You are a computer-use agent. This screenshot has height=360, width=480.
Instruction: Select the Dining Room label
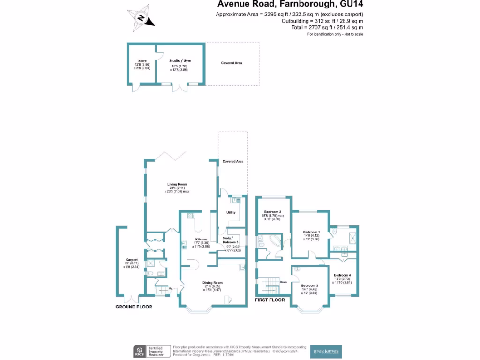point(212,283)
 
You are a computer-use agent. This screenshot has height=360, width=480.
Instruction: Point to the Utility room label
point(231,213)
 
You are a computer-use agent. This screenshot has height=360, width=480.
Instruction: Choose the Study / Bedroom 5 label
point(230,240)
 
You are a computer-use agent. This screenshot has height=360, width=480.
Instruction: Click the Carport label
point(131,260)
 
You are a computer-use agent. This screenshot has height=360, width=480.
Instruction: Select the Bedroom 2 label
point(273,212)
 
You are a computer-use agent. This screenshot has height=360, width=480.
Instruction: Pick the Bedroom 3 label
point(309,286)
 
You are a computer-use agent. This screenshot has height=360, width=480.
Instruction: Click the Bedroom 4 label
point(342,275)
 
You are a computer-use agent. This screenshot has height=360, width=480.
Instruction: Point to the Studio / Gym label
point(180,61)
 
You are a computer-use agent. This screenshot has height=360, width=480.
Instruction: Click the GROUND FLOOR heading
point(134,307)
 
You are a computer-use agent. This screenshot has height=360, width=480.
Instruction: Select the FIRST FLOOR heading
point(270,300)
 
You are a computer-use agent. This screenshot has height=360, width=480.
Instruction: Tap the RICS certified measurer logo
point(149,352)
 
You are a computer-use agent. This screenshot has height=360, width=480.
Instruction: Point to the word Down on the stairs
point(283,282)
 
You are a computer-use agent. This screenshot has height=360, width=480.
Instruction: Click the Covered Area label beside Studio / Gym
point(232,63)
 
